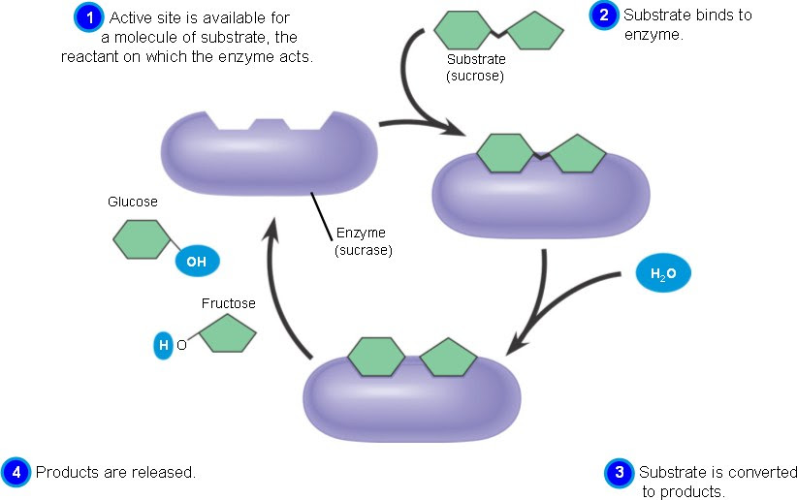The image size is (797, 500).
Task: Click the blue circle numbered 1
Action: point(89,17)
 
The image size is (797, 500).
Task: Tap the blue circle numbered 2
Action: point(604,15)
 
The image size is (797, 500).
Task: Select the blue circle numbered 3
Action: point(620,473)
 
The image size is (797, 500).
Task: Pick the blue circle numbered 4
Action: point(16,472)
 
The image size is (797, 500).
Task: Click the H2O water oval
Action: point(663,274)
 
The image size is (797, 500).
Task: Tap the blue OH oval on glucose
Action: point(197,262)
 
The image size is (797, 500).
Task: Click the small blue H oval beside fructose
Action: point(163,346)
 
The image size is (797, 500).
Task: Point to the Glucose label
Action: point(133,202)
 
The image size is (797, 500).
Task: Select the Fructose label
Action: point(228,303)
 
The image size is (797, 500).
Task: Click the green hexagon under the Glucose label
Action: point(142,239)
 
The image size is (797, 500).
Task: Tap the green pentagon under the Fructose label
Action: point(227,333)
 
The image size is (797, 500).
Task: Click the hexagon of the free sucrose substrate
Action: point(462,30)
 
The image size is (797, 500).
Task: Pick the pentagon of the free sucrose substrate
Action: point(535,30)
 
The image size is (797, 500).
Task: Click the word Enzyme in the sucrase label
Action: point(361,233)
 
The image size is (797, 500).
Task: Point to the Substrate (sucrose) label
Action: point(475,68)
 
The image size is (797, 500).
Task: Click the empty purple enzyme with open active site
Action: point(270,152)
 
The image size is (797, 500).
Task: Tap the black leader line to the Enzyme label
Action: point(321,216)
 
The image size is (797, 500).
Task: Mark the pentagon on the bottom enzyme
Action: point(448,358)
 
